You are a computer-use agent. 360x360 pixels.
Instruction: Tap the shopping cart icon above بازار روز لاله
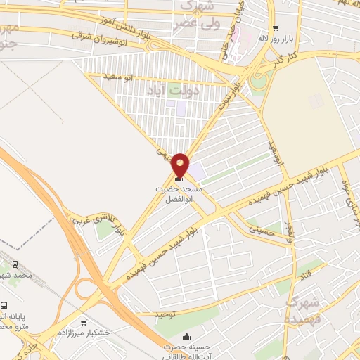pos(275,27)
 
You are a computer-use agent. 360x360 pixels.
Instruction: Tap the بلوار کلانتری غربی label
pos(131,219)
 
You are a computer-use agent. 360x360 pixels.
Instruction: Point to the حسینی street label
pos(257,228)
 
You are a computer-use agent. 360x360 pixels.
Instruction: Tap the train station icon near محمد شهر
pos(15,264)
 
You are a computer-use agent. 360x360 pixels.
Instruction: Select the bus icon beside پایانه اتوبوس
pos(5,307)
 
